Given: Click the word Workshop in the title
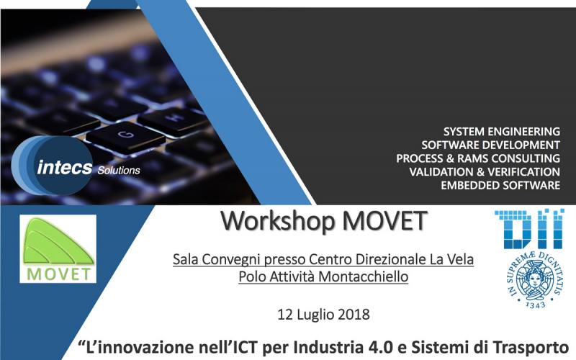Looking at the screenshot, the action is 278,222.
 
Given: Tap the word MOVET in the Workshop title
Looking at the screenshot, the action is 384,221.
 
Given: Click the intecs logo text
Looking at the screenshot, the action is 64,168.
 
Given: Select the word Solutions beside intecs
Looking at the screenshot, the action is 119,170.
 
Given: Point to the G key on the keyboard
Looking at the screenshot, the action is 125,136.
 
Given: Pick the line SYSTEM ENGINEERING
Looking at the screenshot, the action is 501,132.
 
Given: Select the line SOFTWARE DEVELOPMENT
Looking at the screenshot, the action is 490,145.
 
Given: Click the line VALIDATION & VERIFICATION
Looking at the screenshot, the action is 485,172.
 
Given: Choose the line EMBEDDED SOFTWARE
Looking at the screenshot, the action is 500,185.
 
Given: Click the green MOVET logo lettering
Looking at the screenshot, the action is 58,274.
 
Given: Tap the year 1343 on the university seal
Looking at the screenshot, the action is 535,305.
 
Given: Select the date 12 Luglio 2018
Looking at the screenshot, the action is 323,315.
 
